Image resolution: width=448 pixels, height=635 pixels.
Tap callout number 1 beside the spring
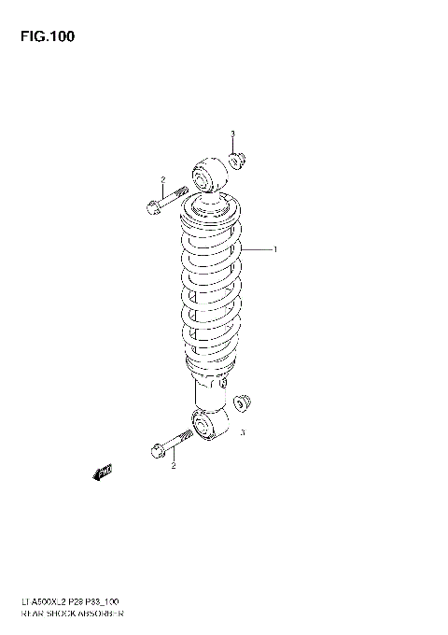pyautogui.click(x=275, y=249)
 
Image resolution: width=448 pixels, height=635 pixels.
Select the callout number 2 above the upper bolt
pyautogui.click(x=162, y=179)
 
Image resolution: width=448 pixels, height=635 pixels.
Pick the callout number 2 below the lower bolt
pyautogui.click(x=173, y=467)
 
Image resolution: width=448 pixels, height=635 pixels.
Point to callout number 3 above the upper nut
pyautogui.click(x=232, y=134)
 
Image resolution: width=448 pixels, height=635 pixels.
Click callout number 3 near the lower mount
pyautogui.click(x=242, y=432)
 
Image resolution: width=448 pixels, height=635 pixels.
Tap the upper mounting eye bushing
pyautogui.click(x=204, y=175)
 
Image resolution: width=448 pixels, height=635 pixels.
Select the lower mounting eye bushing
pyautogui.click(x=203, y=427)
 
